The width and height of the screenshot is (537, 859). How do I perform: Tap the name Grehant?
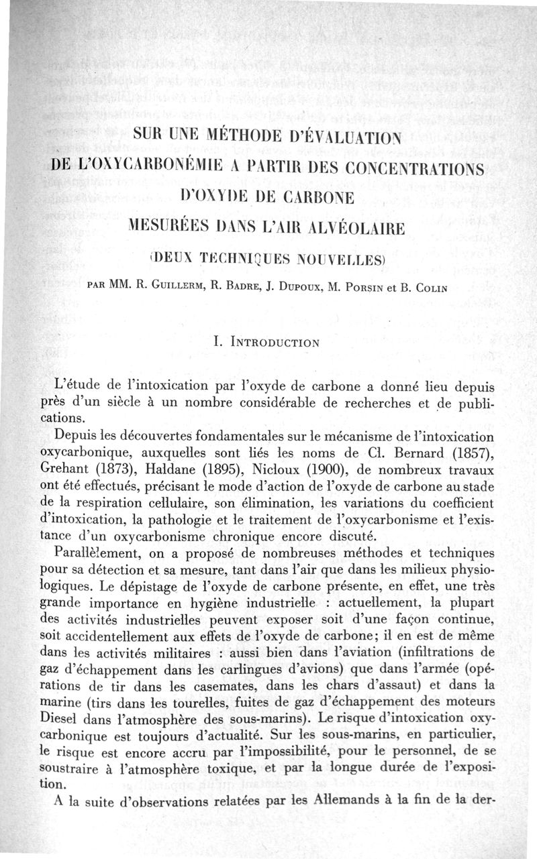[64, 465]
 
